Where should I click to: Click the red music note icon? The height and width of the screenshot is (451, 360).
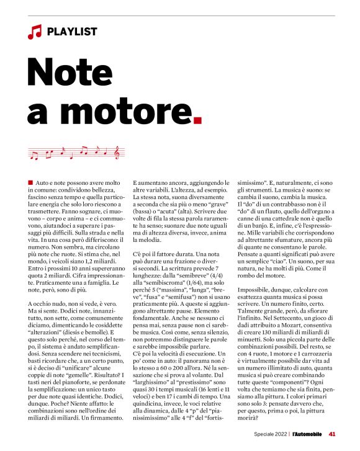click(x=34, y=32)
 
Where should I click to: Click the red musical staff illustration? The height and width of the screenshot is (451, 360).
click(x=78, y=152)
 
